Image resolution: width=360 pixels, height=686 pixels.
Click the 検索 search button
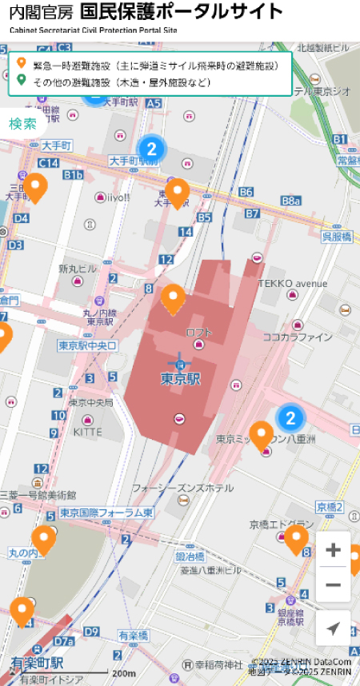[x=23, y=124]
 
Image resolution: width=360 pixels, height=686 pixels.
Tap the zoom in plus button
[x=334, y=551]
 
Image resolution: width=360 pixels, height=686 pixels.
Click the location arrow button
[x=334, y=628]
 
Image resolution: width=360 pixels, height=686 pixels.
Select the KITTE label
[x=87, y=432]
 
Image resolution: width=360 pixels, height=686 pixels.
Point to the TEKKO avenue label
[x=293, y=284]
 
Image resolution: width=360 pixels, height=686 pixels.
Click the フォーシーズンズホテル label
[x=182, y=487]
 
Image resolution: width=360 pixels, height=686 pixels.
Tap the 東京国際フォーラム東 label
[x=106, y=513]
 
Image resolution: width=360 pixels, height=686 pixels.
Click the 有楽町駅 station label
[x=37, y=664]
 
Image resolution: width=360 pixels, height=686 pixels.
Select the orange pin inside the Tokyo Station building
[x=174, y=298]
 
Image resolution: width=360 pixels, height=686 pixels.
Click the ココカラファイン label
[x=298, y=337]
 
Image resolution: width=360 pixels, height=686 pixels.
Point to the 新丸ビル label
[x=78, y=268]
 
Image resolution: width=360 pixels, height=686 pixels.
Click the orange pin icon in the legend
[x=21, y=63]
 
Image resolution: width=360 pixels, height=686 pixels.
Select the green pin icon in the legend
[x=21, y=81]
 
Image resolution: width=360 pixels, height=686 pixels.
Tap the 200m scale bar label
[x=124, y=673]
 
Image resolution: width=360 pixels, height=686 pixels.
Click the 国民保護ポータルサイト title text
[x=182, y=12]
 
